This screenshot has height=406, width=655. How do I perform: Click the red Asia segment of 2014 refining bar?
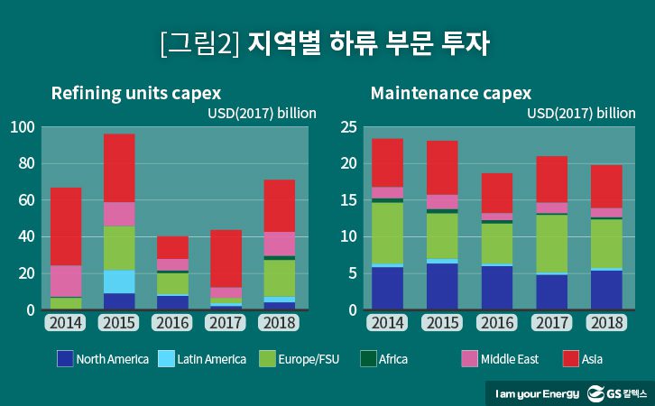65,226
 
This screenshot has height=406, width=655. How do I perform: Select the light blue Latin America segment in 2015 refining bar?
119,281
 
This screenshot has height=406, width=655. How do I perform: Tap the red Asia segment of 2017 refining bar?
226,258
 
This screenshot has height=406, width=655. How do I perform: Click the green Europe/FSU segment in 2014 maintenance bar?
387,233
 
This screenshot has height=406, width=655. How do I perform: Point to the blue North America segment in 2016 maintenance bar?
496,287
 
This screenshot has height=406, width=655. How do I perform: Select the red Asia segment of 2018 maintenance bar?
605,186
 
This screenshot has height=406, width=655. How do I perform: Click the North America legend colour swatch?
63,359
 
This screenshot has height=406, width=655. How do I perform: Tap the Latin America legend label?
211,359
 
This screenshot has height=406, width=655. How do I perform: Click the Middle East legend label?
510,359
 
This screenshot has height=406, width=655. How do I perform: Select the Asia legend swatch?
570,359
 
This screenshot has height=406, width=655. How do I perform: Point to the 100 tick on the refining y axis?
23,127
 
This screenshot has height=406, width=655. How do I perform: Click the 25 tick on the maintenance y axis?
348,127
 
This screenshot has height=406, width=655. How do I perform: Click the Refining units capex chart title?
135,93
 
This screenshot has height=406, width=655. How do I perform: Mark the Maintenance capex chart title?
450,93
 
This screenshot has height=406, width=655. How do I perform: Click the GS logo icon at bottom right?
596,392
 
